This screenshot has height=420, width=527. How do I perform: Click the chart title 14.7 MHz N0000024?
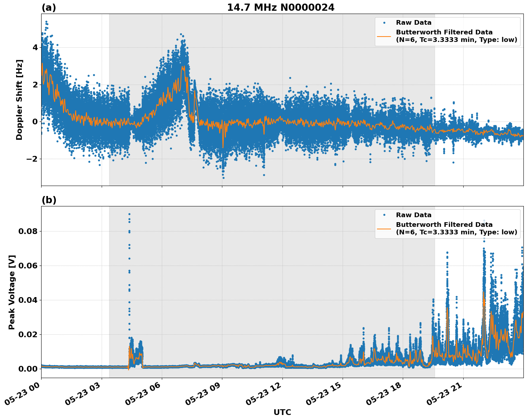[x=281, y=8]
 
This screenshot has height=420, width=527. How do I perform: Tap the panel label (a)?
[x=49, y=8]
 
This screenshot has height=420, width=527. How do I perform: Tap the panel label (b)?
[x=49, y=200]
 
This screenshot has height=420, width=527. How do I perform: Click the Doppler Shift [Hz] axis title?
[x=19, y=100]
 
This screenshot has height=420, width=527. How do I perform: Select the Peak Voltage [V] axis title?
[x=12, y=292]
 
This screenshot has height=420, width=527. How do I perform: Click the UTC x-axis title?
[x=282, y=412]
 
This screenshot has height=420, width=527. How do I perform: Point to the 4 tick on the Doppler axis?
[x=35, y=47]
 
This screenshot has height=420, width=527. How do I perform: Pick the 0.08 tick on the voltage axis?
[x=28, y=231]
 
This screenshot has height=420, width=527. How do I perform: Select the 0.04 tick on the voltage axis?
[x=28, y=300]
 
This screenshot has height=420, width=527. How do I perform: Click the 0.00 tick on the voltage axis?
[x=28, y=369]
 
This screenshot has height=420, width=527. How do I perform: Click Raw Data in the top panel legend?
[x=414, y=23]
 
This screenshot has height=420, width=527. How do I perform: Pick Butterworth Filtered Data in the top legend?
[x=444, y=32]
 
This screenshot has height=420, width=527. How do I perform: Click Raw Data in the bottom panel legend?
[x=414, y=215]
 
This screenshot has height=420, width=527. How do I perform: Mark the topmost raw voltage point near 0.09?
[x=129, y=214]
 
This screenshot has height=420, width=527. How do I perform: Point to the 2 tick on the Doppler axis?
[x=35, y=85]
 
